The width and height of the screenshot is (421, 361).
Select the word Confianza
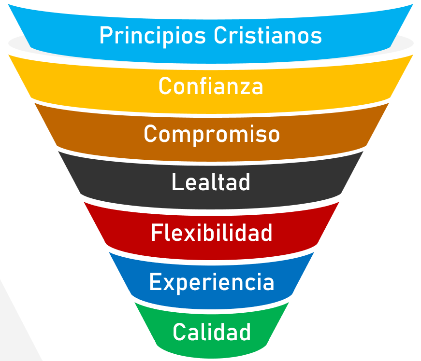pyautogui.click(x=211, y=86)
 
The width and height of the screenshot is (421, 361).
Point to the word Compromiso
pyautogui.click(x=212, y=134)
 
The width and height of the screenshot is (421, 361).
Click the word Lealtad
pyautogui.click(x=211, y=182)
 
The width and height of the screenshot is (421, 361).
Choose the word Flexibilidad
pyautogui.click(x=212, y=233)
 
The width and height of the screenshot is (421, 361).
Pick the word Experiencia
pyautogui.click(x=212, y=282)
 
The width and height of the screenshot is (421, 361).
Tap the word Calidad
pyautogui.click(x=212, y=332)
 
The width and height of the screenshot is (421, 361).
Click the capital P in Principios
pyautogui.click(x=105, y=36)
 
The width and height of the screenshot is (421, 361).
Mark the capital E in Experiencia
pyautogui.click(x=155, y=282)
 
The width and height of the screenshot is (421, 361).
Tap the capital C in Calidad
pyautogui.click(x=179, y=332)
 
